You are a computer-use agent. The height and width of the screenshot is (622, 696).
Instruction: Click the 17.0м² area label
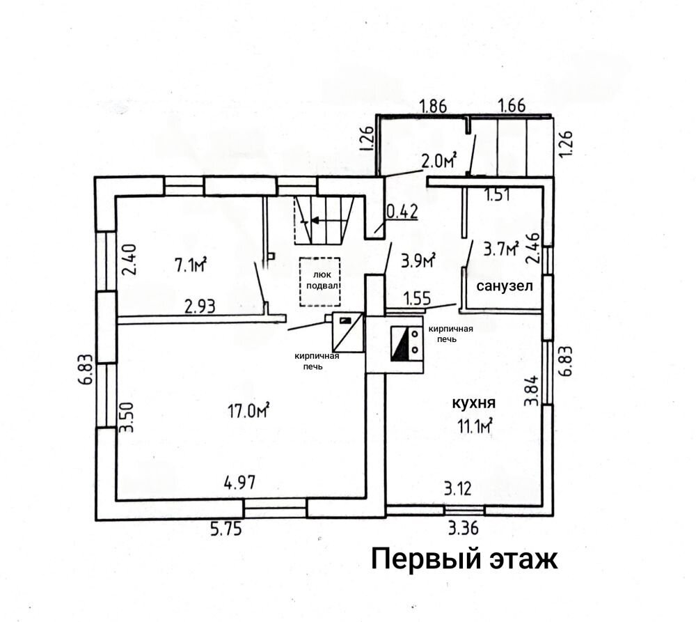[x=248, y=410]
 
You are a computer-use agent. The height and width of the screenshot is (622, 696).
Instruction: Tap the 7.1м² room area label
[x=191, y=265]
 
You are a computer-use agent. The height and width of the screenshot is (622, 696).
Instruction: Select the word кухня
[x=473, y=403]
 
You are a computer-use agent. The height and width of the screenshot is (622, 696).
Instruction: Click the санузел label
[x=504, y=286]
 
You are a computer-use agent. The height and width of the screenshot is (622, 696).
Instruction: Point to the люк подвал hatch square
[x=319, y=281]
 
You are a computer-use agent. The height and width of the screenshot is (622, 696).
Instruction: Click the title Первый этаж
[x=464, y=559]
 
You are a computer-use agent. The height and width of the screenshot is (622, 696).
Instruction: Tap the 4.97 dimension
[x=239, y=483]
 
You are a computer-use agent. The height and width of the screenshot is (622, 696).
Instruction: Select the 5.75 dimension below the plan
[x=226, y=529]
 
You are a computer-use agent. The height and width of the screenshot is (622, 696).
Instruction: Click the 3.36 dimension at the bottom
[x=463, y=529]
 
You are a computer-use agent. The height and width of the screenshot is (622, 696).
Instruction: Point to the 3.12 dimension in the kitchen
[x=458, y=489]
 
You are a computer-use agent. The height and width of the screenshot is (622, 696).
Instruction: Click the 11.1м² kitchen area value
[x=475, y=426]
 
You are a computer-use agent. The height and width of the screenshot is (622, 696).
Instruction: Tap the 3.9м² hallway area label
[x=418, y=260]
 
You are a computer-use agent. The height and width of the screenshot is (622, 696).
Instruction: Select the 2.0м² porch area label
[x=438, y=162]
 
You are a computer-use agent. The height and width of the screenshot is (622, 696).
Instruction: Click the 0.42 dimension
[x=402, y=212]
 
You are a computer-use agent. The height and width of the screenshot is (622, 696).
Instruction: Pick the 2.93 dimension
[x=200, y=306]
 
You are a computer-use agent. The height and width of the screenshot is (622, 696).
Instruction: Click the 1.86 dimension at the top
[x=433, y=106]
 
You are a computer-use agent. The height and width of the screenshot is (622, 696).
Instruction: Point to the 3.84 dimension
[x=531, y=391]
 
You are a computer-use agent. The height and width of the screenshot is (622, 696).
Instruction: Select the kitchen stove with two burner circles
[x=406, y=343]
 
